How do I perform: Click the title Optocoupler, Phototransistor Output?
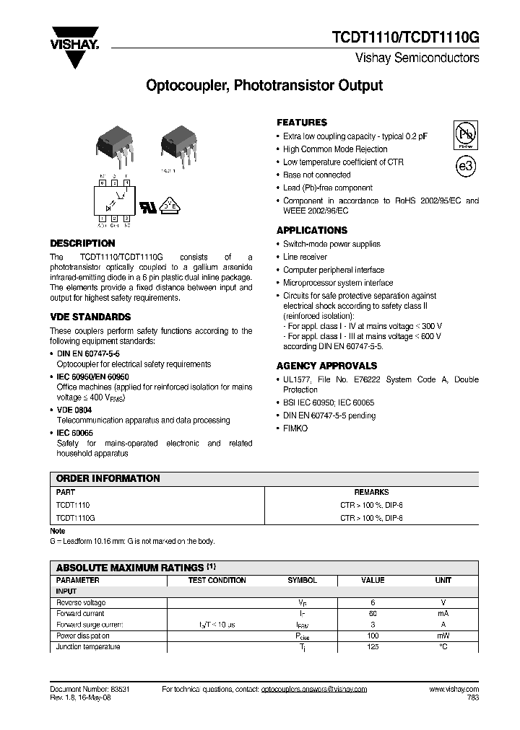pyautogui.click(x=264, y=86)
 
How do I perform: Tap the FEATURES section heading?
pyautogui.click(x=302, y=123)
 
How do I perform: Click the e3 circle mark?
pyautogui.click(x=466, y=166)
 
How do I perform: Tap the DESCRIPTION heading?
pyautogui.click(x=82, y=244)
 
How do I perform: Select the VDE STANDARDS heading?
pyautogui.click(x=90, y=317)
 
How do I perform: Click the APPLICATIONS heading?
pyautogui.click(x=312, y=231)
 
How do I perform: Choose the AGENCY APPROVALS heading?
pyautogui.click(x=326, y=366)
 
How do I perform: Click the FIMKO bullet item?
pyautogui.click(x=295, y=428)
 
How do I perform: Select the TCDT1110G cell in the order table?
pyautogui.click(x=76, y=518)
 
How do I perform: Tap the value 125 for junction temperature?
pyautogui.click(x=373, y=647)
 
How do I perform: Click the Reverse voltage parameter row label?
pyautogui.click(x=81, y=602)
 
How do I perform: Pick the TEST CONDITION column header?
pyautogui.click(x=217, y=580)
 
